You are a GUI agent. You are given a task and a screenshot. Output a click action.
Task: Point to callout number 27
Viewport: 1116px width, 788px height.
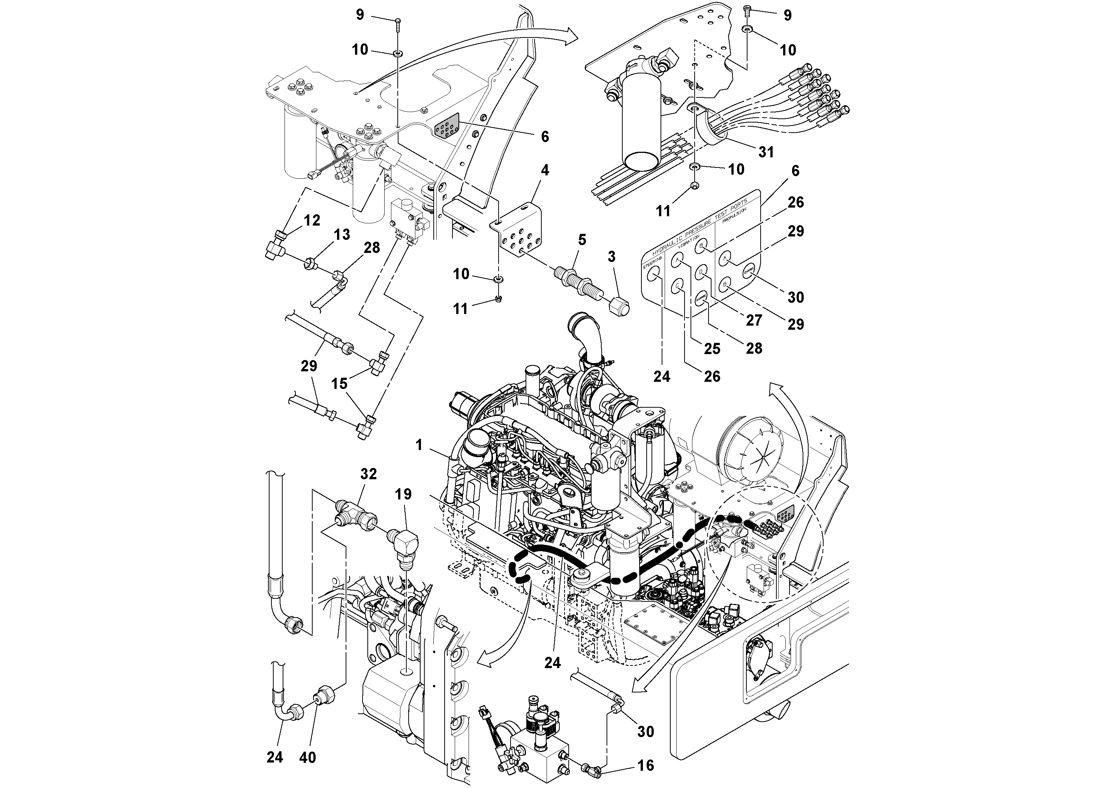click(x=754, y=320)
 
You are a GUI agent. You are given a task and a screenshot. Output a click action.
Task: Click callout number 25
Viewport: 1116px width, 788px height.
click(x=712, y=348)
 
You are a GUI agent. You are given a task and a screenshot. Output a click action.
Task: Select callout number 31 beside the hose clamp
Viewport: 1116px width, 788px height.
click(x=766, y=152)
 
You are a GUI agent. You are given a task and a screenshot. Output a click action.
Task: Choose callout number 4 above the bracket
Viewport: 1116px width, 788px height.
click(x=545, y=170)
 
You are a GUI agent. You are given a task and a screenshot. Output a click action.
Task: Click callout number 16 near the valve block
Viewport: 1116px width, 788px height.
click(x=646, y=765)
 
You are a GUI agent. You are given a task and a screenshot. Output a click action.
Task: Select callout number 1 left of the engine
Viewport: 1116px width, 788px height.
click(x=419, y=445)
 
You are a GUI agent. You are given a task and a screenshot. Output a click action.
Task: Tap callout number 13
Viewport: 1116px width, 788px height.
click(x=342, y=234)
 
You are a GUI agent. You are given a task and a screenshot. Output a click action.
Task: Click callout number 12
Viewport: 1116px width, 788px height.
click(x=312, y=221)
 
